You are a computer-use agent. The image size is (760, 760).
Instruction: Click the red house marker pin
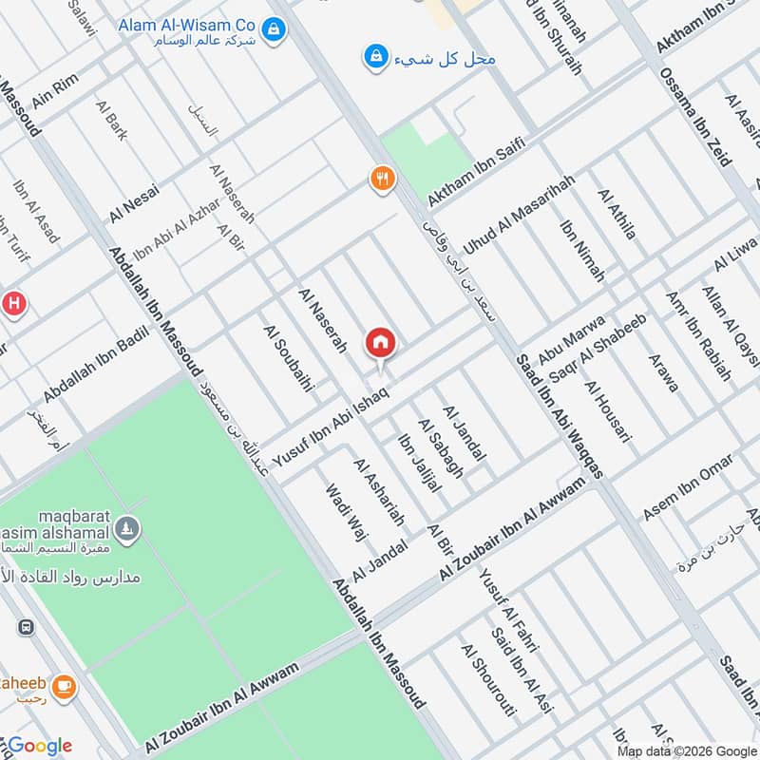tap(381, 342)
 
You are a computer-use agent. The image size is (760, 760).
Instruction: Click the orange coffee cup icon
tap(64, 686)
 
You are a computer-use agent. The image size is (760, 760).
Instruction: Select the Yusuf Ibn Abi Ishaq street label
tap(331, 426)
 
